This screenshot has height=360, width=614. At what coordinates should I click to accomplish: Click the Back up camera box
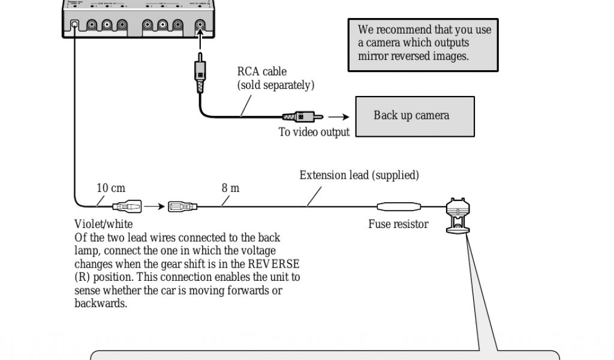point(415,116)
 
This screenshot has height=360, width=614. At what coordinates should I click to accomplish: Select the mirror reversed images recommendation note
point(423,43)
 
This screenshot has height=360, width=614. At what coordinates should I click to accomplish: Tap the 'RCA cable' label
point(262,72)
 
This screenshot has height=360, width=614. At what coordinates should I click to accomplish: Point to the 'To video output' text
point(314,133)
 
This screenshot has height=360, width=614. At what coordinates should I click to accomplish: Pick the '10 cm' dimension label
point(112,188)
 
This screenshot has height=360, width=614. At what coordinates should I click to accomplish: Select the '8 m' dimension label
point(230,188)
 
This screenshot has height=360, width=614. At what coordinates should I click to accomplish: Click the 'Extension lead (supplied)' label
point(359,176)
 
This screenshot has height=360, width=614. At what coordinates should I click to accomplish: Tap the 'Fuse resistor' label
point(398,224)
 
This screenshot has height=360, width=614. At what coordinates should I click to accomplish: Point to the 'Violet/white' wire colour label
point(104,224)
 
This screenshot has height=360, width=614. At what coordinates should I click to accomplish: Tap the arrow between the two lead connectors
point(154,207)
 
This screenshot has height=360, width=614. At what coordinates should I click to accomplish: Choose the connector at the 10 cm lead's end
point(127,207)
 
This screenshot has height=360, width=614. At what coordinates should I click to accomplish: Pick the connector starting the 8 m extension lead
point(182,207)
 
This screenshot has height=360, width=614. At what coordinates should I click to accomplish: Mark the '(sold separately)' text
point(275,85)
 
